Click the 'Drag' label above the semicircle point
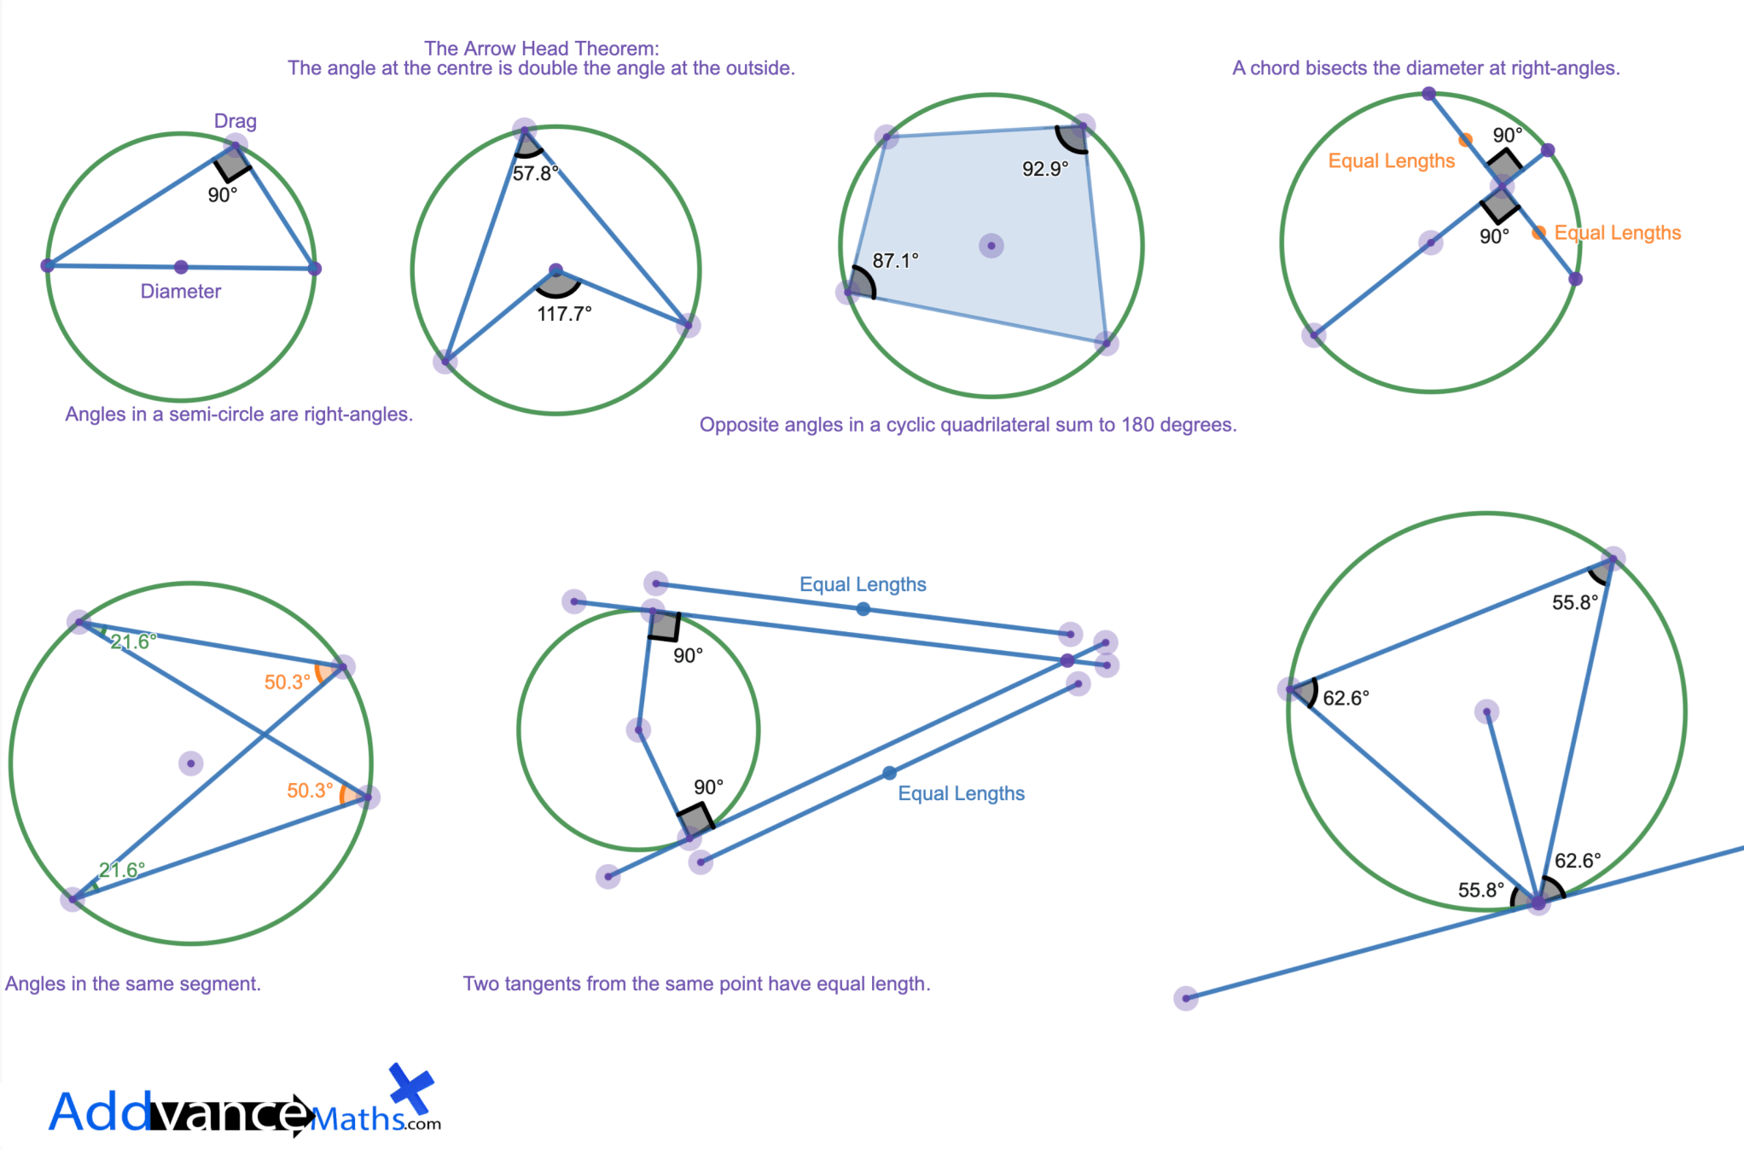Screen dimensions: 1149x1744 coord(235,121)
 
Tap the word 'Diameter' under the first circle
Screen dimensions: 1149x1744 coord(180,292)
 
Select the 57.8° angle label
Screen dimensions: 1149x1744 coord(535,174)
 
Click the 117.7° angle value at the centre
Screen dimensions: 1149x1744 coord(564,314)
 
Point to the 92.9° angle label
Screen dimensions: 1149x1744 coord(1045,169)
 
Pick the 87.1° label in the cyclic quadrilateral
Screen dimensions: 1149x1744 coord(895,261)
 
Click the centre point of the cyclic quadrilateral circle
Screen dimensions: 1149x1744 coord(991,246)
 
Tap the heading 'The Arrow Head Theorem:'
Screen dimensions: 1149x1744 coord(541,49)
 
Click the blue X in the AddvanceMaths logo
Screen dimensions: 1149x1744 coord(411,1089)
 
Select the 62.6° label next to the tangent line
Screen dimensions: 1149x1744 coord(1578,861)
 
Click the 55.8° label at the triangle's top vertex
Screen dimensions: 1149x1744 coord(1574,603)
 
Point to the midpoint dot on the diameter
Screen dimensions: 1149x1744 coord(181,267)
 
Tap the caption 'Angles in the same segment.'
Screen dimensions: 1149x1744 coord(133,984)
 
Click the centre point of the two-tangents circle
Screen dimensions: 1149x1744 coord(638,729)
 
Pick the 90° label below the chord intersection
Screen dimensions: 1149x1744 coord(1494,236)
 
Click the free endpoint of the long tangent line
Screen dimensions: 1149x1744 coord(1186,998)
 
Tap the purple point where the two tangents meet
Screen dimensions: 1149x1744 coord(1067,660)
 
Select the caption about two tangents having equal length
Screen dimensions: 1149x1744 coord(696,984)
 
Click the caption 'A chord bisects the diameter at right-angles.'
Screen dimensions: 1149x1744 coord(1425,68)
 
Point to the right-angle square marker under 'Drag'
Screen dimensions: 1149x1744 coord(232,163)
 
